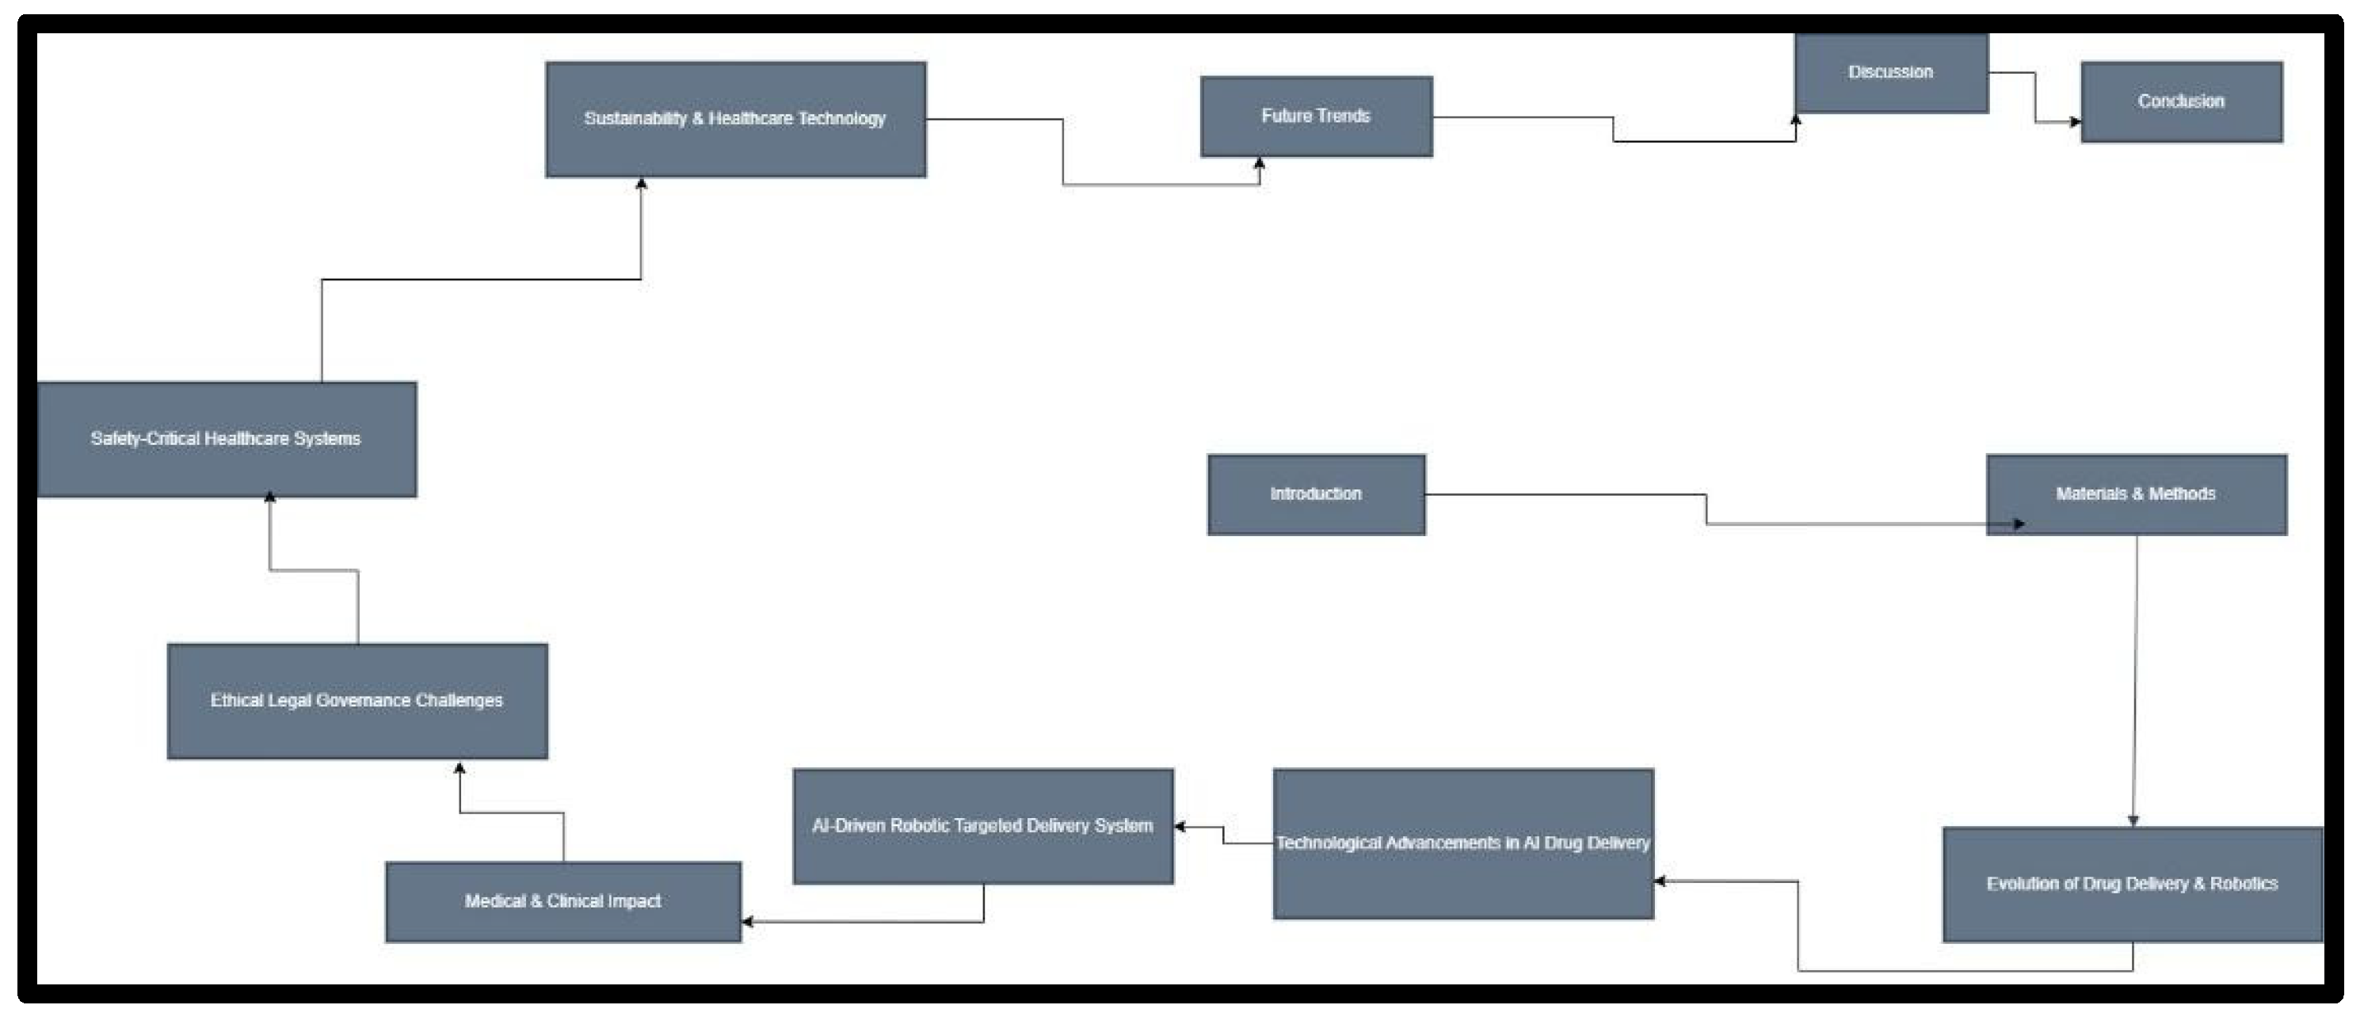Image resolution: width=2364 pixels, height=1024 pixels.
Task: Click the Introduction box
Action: tap(1316, 494)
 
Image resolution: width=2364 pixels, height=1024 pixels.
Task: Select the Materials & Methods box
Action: tap(2137, 494)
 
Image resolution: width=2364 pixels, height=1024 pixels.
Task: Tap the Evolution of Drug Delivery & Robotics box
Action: tap(2133, 885)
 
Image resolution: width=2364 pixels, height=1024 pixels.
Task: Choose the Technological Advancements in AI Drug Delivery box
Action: tap(1462, 843)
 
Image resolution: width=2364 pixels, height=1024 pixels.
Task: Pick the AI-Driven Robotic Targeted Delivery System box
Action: tap(983, 827)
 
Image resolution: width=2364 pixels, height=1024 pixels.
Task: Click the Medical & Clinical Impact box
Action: tap(562, 902)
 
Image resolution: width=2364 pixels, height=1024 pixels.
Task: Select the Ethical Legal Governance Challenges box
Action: tap(357, 701)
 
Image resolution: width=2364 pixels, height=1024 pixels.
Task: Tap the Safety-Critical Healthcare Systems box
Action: tap(226, 440)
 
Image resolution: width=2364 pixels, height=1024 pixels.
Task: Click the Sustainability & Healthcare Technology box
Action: tap(735, 120)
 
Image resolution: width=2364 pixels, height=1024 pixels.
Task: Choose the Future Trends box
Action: tap(1316, 116)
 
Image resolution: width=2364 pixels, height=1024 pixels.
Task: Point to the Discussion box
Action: tap(1891, 74)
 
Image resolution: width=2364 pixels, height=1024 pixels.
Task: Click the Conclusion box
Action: tap(2181, 102)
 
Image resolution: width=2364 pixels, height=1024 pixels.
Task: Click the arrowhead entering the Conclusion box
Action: tap(2075, 122)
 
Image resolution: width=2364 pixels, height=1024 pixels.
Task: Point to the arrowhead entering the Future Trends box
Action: tap(1259, 163)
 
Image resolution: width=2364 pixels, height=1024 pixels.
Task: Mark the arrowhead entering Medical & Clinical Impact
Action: tap(747, 921)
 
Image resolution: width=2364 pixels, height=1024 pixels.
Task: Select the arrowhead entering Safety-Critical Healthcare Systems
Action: tap(270, 497)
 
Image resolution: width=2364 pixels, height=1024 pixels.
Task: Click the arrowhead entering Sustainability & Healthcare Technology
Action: tap(642, 184)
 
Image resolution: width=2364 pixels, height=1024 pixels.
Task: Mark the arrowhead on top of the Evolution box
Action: tap(2133, 821)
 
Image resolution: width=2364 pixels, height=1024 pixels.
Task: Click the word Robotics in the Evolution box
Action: tap(2244, 884)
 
